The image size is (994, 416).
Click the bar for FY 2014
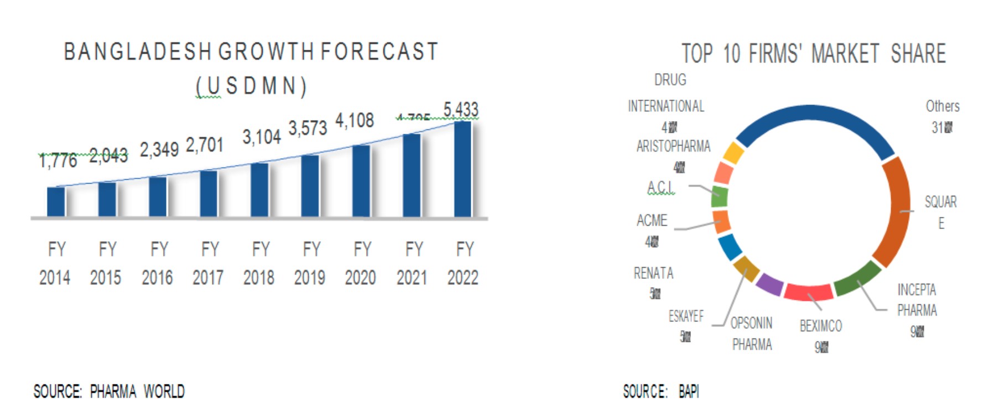tap(56, 202)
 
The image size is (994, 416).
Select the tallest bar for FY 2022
tap(462, 169)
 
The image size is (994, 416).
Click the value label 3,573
tap(308, 128)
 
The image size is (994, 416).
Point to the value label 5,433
tap(461, 110)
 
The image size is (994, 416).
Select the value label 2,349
tap(159, 149)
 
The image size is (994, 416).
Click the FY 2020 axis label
tap(361, 263)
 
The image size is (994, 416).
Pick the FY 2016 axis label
tap(157, 263)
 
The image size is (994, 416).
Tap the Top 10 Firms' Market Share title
tap(813, 54)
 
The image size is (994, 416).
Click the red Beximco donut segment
tap(808, 292)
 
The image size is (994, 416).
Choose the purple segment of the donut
tap(769, 284)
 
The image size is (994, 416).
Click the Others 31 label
tap(942, 116)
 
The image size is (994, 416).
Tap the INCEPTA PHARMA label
tap(917, 300)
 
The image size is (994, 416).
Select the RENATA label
tap(653, 273)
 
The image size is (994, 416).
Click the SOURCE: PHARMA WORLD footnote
tap(109, 392)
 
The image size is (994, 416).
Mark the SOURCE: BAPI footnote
tap(660, 392)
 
